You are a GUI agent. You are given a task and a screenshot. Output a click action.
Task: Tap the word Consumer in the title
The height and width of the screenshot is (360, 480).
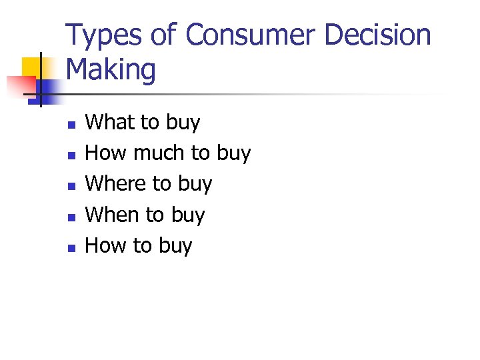(x=253, y=35)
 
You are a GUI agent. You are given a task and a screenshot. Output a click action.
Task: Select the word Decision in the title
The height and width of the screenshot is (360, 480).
(x=377, y=36)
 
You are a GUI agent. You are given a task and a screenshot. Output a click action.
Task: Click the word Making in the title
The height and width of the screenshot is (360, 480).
(x=111, y=70)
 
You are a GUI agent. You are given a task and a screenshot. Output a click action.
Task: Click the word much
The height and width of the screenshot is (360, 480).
(x=160, y=153)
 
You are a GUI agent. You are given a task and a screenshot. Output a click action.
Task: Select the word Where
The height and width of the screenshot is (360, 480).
(x=117, y=183)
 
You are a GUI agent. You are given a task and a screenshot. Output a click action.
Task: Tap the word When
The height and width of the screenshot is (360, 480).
(x=113, y=215)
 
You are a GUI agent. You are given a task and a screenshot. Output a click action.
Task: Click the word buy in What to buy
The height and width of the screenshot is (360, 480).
(x=183, y=123)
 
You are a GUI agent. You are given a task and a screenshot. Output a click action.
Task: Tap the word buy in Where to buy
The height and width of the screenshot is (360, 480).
(x=195, y=185)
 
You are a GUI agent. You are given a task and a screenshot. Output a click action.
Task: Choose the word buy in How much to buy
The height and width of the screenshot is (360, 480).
(x=233, y=154)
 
